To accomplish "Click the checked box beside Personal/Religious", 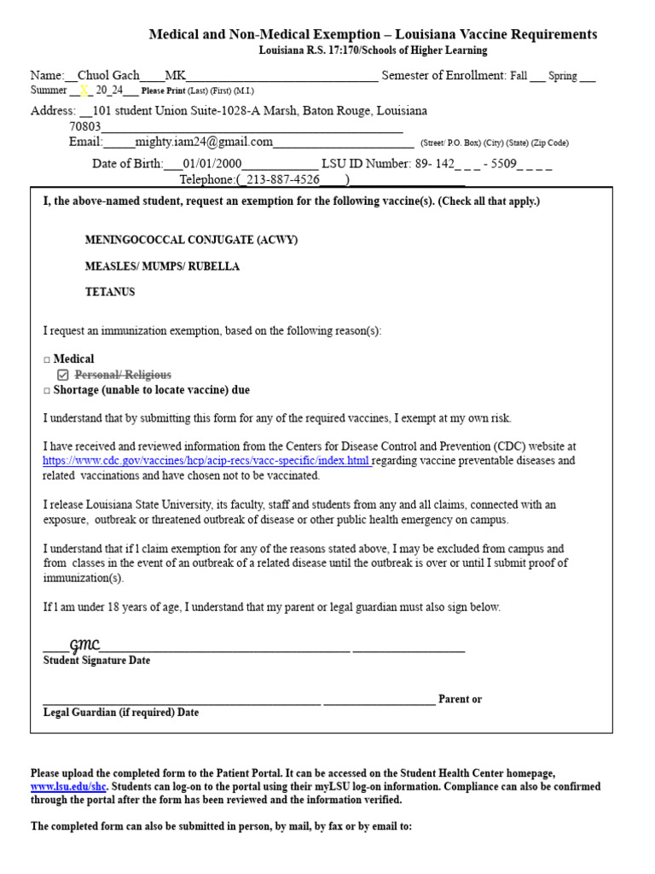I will tap(62, 375).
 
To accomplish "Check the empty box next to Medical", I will tap(47, 359).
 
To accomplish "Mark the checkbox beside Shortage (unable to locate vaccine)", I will tap(47, 390).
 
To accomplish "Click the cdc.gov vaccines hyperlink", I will tap(207, 461).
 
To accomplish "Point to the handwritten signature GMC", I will tap(84, 644).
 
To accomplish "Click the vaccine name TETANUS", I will tap(110, 292).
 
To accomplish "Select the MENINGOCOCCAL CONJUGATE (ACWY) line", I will tap(191, 240).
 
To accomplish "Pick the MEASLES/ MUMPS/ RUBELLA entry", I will tap(162, 266).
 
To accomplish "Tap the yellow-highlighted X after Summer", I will tap(84, 90).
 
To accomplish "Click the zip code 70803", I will tap(84, 126).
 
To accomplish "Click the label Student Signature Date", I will tap(96, 661).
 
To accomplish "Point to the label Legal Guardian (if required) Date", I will tap(121, 712).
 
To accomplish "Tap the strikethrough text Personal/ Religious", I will tap(123, 375).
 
